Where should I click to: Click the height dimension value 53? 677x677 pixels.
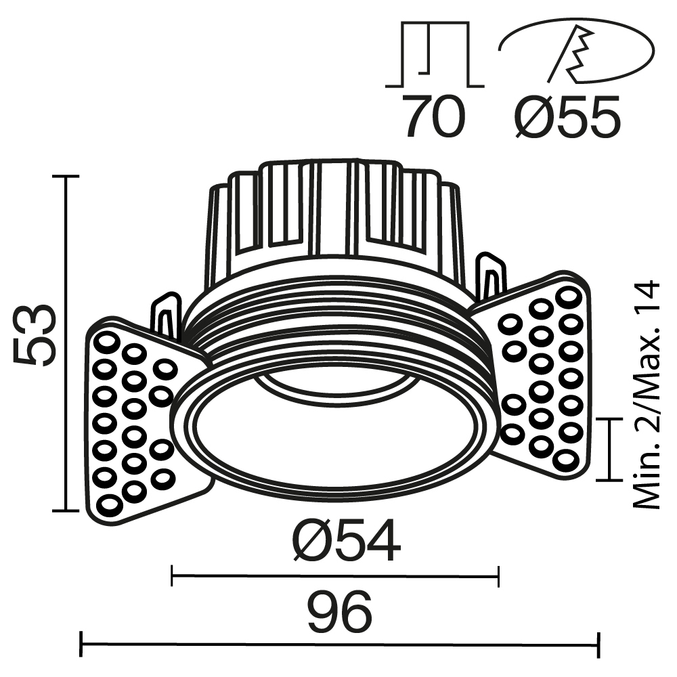coord(35,335)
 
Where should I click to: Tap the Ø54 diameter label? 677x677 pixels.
coord(346,543)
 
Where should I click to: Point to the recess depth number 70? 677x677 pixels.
coord(434,116)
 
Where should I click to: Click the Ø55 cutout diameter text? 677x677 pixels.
coord(567,116)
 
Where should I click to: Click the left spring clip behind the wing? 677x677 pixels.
coord(166,315)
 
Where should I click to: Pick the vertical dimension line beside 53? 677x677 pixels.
coord(66,342)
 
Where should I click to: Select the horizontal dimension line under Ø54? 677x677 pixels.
coord(335,577)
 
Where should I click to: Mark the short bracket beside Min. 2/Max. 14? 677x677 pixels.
coord(611,449)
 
